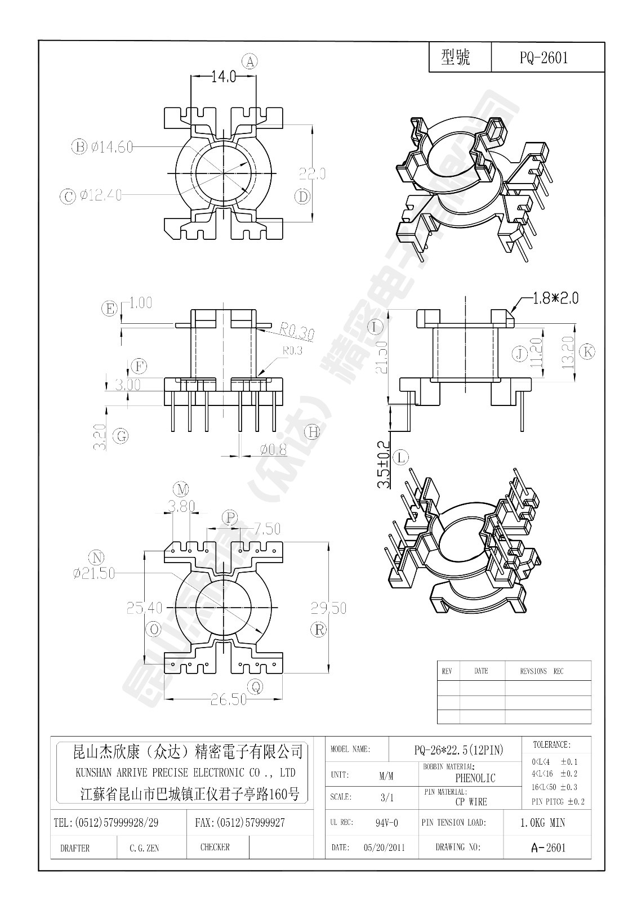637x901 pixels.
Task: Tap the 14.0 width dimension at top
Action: point(223,77)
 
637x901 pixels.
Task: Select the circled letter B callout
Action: point(78,147)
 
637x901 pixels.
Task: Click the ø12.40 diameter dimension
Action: point(101,195)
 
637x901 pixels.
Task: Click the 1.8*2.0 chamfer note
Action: point(555,297)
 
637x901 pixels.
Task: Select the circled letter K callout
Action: point(586,351)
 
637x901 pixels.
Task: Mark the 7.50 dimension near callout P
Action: point(266,529)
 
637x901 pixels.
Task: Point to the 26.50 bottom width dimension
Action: point(228,699)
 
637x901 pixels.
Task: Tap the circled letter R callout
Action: point(319,629)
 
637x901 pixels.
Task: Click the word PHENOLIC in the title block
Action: point(475,778)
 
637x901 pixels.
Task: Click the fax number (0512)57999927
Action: point(240,823)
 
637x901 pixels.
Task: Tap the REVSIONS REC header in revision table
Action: point(541,671)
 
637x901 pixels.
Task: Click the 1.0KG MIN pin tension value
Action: point(542,823)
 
